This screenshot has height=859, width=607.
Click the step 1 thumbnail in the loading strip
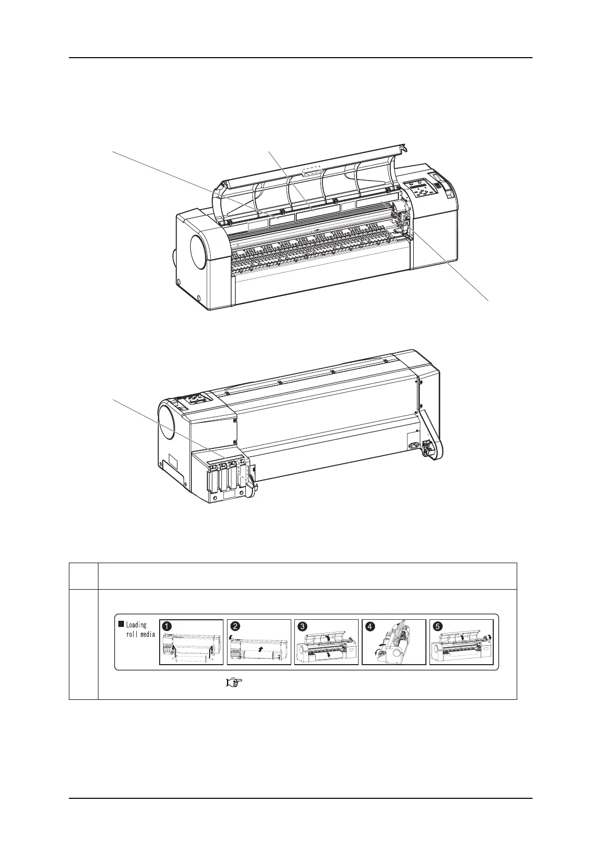191,642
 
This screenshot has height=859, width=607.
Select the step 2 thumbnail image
259,642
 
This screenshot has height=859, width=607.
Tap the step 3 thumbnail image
326,642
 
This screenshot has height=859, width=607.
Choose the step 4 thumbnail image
394,642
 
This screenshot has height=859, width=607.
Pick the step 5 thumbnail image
462,642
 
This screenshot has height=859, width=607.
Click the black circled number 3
303,625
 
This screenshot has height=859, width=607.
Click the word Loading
136,625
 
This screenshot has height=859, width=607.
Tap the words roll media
140,635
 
